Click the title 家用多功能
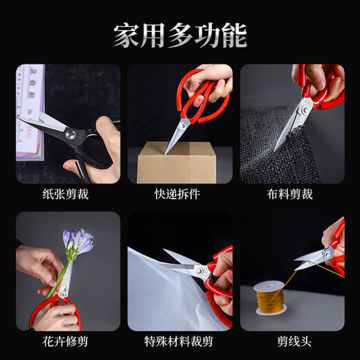pos(180,35)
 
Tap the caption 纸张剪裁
pos(67,195)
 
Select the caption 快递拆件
pos(179,195)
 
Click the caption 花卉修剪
pos(67,341)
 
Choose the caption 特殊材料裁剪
pos(179,341)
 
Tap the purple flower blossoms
pos(77,241)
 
